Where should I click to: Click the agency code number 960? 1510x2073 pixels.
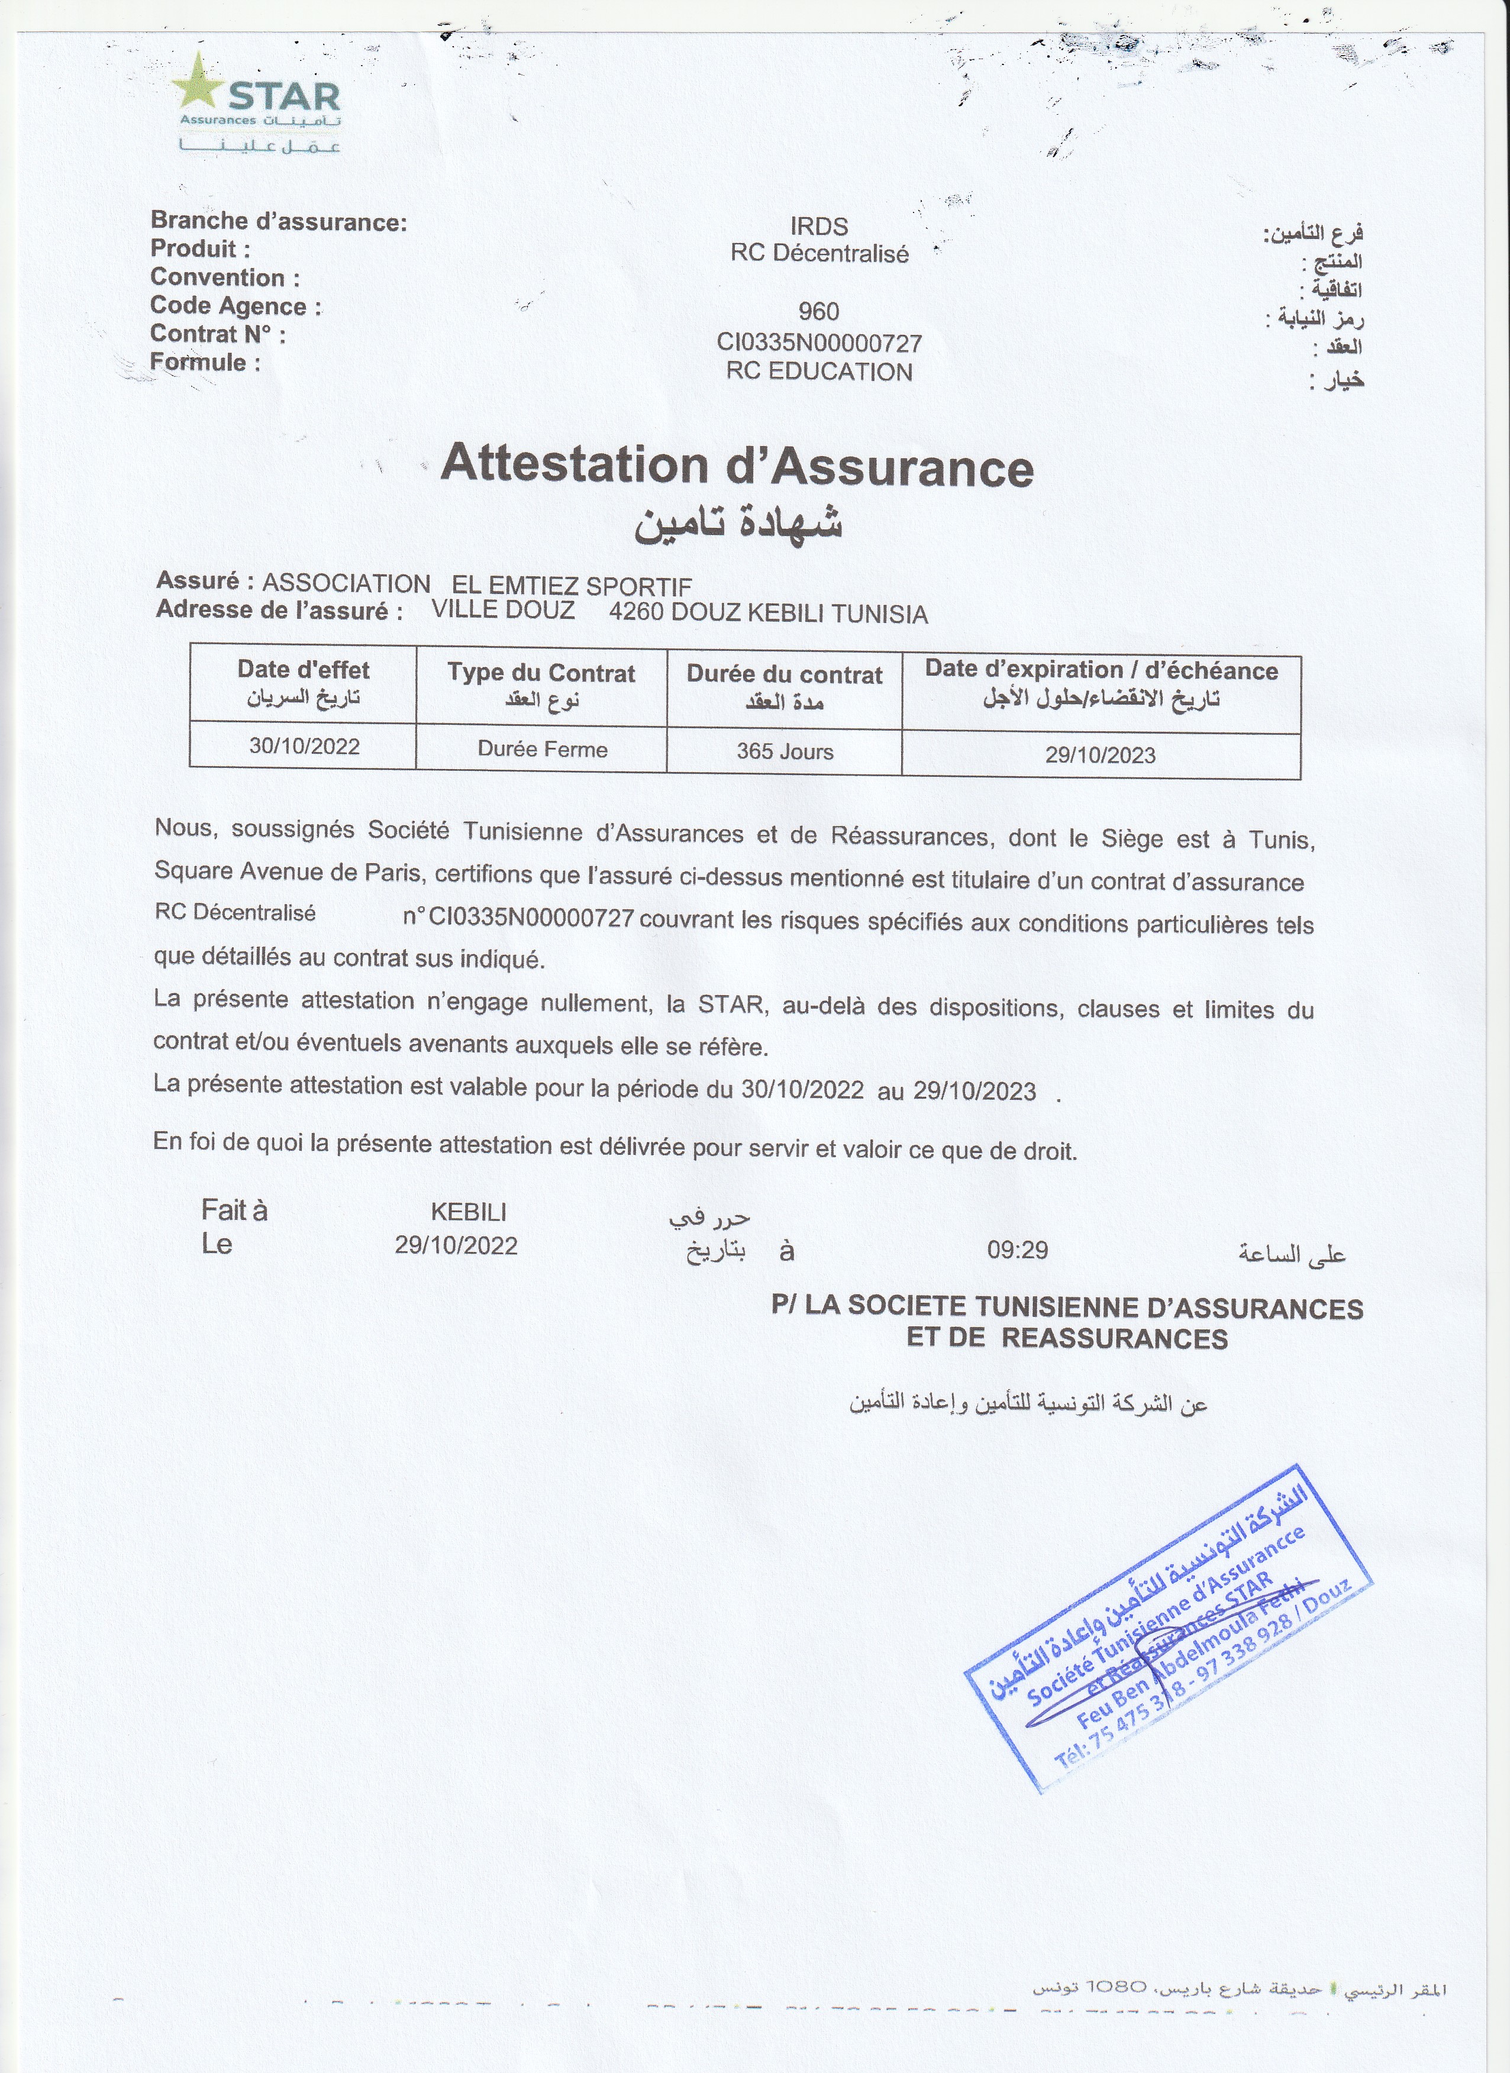818,312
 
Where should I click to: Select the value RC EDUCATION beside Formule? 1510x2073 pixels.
819,372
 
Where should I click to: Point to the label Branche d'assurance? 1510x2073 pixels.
279,221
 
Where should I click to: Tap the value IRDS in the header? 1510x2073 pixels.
819,227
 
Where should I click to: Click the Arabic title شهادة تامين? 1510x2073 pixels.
738,522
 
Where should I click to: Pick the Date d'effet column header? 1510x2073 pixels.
304,670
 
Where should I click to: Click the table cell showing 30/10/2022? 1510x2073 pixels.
304,747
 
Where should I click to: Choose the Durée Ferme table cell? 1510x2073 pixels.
542,750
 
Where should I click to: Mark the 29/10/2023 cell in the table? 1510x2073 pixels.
1101,755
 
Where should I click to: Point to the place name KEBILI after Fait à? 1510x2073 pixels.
468,1212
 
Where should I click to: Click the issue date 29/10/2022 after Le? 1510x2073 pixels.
456,1246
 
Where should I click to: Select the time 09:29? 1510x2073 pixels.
1017,1249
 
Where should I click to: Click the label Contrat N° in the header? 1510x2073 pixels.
218,334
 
